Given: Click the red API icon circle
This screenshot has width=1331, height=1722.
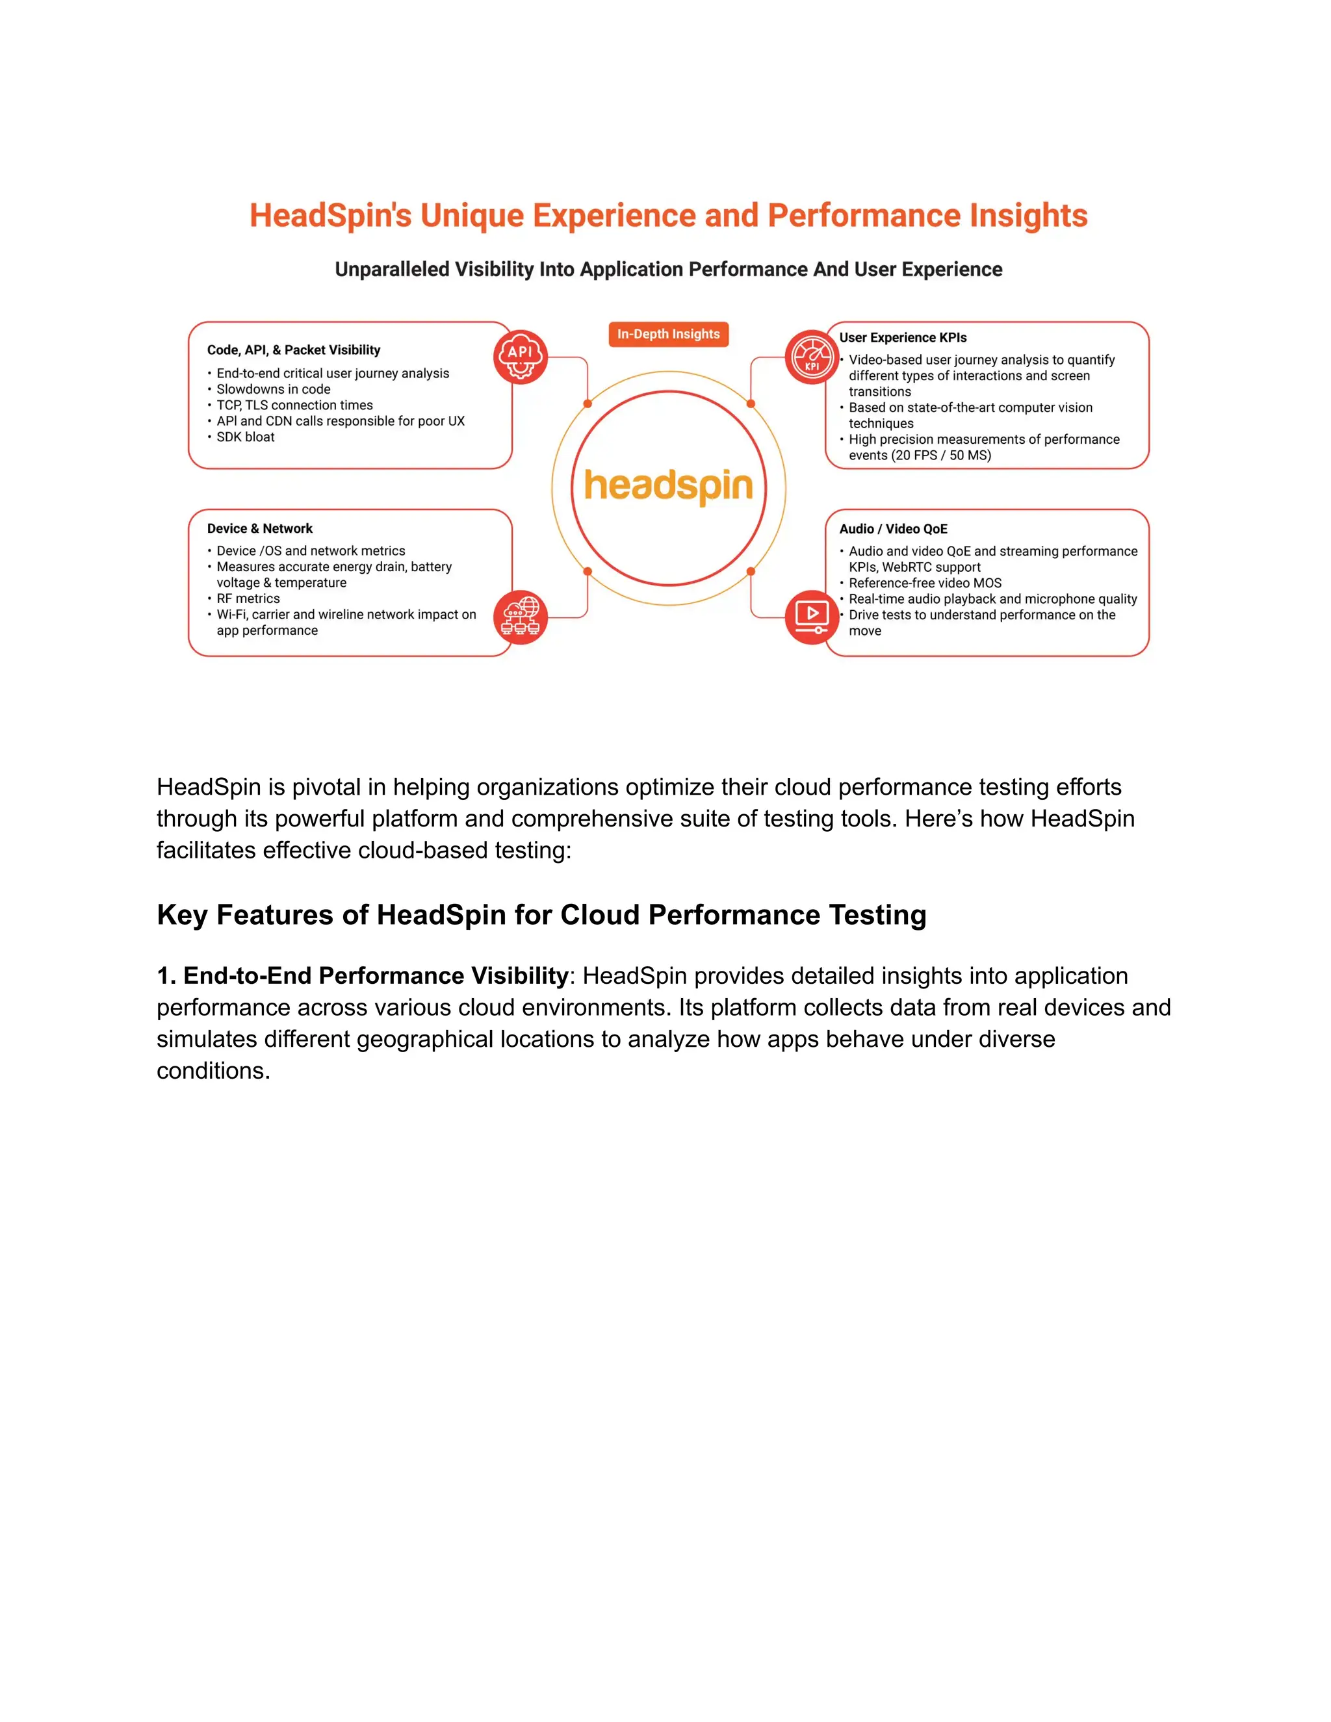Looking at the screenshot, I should pos(521,357).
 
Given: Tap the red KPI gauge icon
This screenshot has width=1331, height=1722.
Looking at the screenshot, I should pos(811,357).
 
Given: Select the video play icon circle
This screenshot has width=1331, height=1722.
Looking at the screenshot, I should pos(811,617).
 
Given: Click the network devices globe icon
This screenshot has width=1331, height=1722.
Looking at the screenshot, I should pos(521,617).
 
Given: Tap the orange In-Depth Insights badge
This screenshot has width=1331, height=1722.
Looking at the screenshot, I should pos(668,334).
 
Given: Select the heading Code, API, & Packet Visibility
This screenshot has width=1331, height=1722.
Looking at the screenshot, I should pos(293,350).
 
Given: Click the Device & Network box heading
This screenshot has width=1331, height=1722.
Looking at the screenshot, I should pos(259,528).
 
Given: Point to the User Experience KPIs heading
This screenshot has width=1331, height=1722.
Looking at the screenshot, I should pos(902,337).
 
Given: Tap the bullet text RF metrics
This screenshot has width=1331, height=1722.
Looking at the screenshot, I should pos(248,598).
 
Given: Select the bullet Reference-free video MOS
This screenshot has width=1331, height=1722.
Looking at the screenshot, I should pos(924,583).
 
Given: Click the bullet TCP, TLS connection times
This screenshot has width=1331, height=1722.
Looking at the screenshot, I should pos(294,405).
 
